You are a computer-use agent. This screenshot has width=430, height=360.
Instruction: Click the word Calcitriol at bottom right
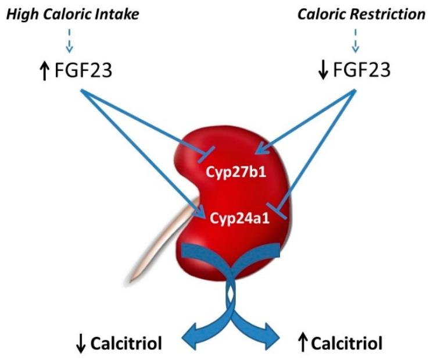point(347,343)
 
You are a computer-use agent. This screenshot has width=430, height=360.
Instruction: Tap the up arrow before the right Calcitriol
point(303,343)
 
